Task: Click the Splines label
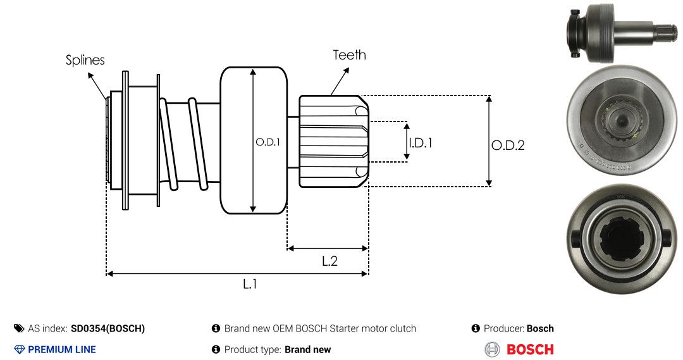85,60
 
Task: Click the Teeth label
349,55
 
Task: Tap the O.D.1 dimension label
268,142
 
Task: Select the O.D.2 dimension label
508,146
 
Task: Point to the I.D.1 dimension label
420,143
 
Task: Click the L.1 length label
250,284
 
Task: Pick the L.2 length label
329,261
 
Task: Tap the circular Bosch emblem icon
492,349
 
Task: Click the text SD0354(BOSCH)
108,328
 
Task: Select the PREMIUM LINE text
62,349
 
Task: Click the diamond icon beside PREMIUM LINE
20,349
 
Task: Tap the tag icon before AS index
19,328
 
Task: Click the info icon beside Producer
476,328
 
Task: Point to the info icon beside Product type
216,349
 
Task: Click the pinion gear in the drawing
333,141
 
